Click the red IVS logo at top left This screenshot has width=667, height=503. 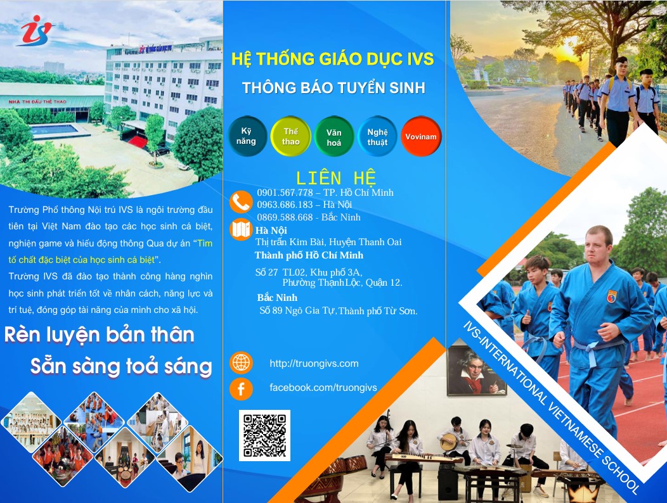[x=36, y=30]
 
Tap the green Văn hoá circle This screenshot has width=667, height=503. [x=334, y=136]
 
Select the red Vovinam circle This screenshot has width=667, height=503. [x=421, y=136]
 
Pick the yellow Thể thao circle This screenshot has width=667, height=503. [x=290, y=136]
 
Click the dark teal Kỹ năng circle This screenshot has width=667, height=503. [x=247, y=136]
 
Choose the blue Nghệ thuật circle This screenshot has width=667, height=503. [x=377, y=136]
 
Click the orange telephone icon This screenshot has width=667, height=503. [x=241, y=202]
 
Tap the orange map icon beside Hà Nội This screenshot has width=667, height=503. [x=241, y=229]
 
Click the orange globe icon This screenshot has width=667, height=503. [x=241, y=363]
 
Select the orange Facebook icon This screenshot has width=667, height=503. [x=241, y=388]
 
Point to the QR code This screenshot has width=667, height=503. [x=264, y=435]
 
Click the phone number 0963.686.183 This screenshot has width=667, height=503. [x=285, y=205]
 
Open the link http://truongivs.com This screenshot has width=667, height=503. [x=314, y=364]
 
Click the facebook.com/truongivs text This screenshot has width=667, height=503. [x=323, y=388]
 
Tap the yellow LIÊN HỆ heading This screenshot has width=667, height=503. [x=336, y=178]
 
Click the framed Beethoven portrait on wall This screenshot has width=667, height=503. [x=476, y=371]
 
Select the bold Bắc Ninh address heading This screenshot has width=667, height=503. [x=277, y=298]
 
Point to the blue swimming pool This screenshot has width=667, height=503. [x=54, y=129]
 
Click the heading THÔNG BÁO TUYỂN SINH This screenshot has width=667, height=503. [x=334, y=88]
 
